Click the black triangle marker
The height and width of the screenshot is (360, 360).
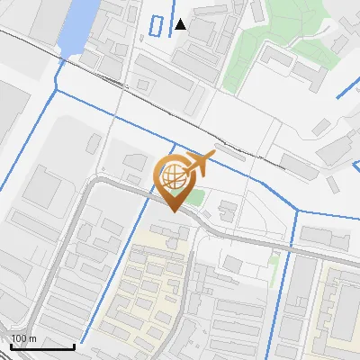(181, 24)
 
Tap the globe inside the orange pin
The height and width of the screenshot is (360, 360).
(173, 177)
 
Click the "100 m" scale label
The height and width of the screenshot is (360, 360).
(23, 338)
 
